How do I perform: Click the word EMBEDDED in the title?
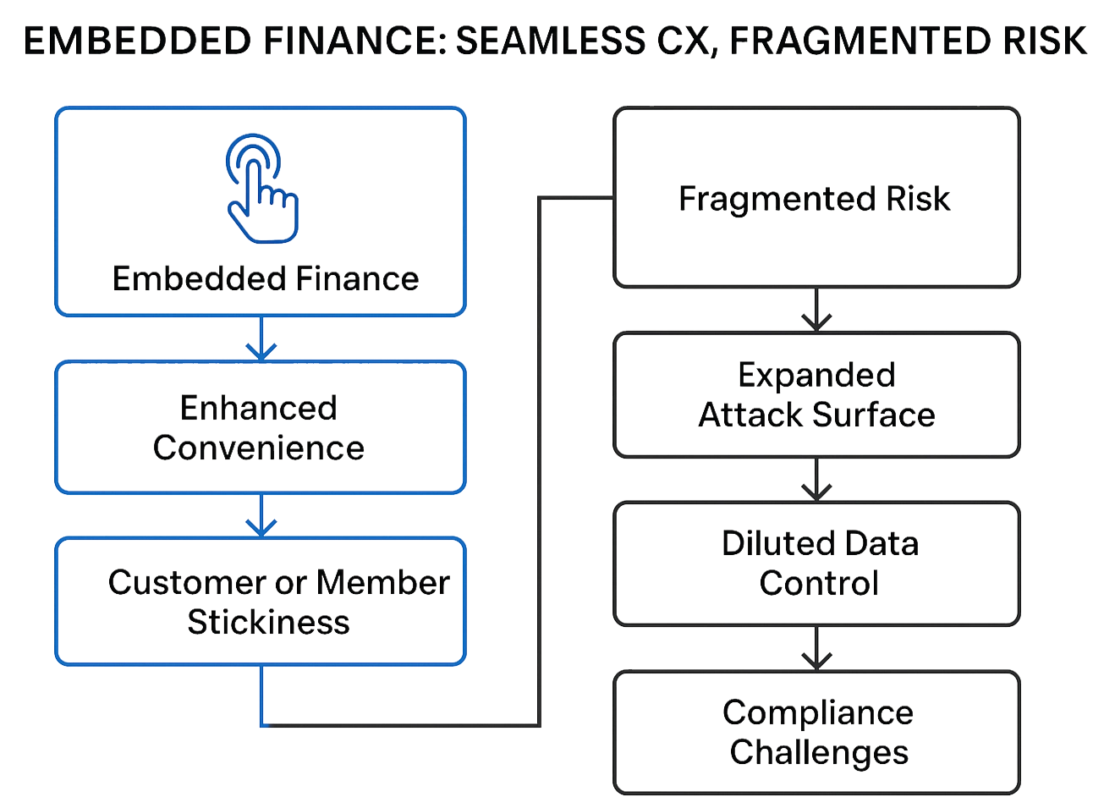pos(135,41)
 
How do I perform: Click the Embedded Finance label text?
pos(265,279)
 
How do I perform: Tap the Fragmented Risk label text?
pos(815,199)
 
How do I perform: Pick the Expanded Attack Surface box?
pos(816,395)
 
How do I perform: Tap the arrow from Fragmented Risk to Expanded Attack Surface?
pos(816,311)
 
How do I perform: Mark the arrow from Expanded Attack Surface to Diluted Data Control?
pos(816,481)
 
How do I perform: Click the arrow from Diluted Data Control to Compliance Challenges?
pos(816,650)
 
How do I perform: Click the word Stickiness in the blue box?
pos(269,623)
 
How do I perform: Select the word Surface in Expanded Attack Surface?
pos(874,415)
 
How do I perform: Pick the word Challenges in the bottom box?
pos(819,752)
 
